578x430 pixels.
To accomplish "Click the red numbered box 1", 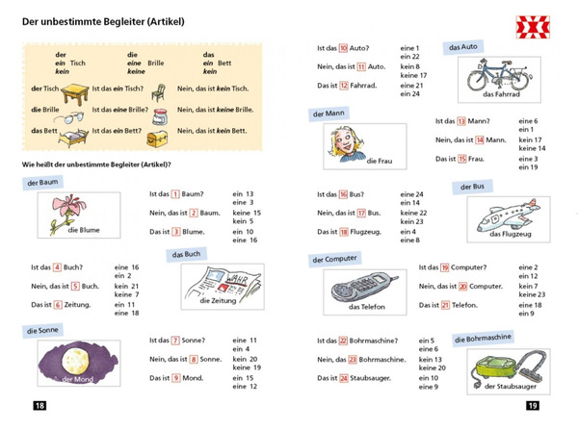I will tap(176, 193).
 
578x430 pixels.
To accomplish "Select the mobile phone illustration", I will tap(358, 286).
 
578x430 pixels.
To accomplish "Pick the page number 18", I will tap(39, 406).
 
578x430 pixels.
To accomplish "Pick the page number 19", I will tap(532, 406).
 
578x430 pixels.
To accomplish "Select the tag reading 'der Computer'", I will tap(334, 259).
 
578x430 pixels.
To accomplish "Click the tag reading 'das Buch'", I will tap(188, 255).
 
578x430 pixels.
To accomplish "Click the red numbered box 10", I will tap(343, 47).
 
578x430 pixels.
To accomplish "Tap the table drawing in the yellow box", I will tap(70, 93).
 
